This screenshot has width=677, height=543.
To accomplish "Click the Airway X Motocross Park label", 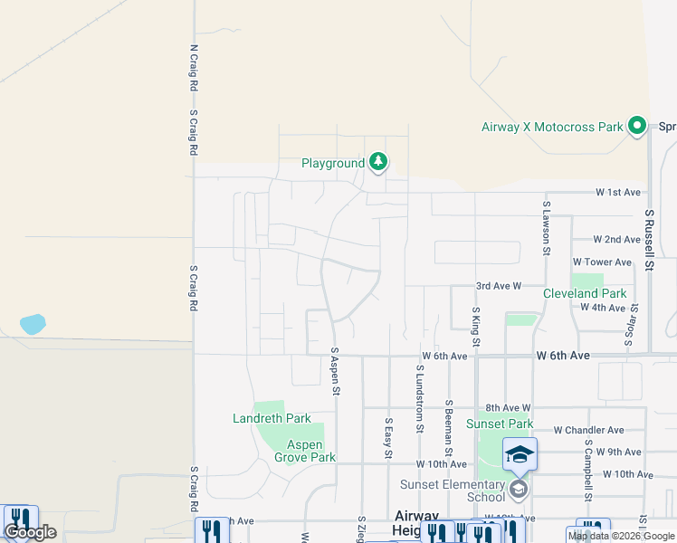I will tap(552, 127).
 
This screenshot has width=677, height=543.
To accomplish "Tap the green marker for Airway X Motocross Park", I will tap(637, 126).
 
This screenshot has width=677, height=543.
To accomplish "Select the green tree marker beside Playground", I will tap(378, 163).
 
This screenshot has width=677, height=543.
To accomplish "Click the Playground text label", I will tap(332, 164).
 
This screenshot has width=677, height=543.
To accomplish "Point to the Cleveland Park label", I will tap(585, 293).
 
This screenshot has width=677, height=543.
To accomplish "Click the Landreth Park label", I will tap(272, 418).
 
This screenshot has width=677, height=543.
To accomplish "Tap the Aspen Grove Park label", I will tap(311, 451).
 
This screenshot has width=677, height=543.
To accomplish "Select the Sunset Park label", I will tap(500, 424).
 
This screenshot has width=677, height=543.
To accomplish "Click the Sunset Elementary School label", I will tap(453, 491).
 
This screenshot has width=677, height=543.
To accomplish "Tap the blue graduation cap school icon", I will tap(520, 454).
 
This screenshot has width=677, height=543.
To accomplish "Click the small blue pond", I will tap(32, 323).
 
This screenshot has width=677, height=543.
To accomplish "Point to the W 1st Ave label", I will tap(617, 193).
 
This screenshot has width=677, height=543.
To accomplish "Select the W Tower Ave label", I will tap(602, 262).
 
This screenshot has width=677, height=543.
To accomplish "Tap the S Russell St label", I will tap(649, 240).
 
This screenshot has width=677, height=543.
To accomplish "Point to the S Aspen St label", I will tap(334, 372).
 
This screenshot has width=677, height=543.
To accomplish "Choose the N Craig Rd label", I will tap(193, 69).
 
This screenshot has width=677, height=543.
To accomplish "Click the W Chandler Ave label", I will tap(588, 430).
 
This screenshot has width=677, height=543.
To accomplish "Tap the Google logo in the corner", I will tap(30, 532).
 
